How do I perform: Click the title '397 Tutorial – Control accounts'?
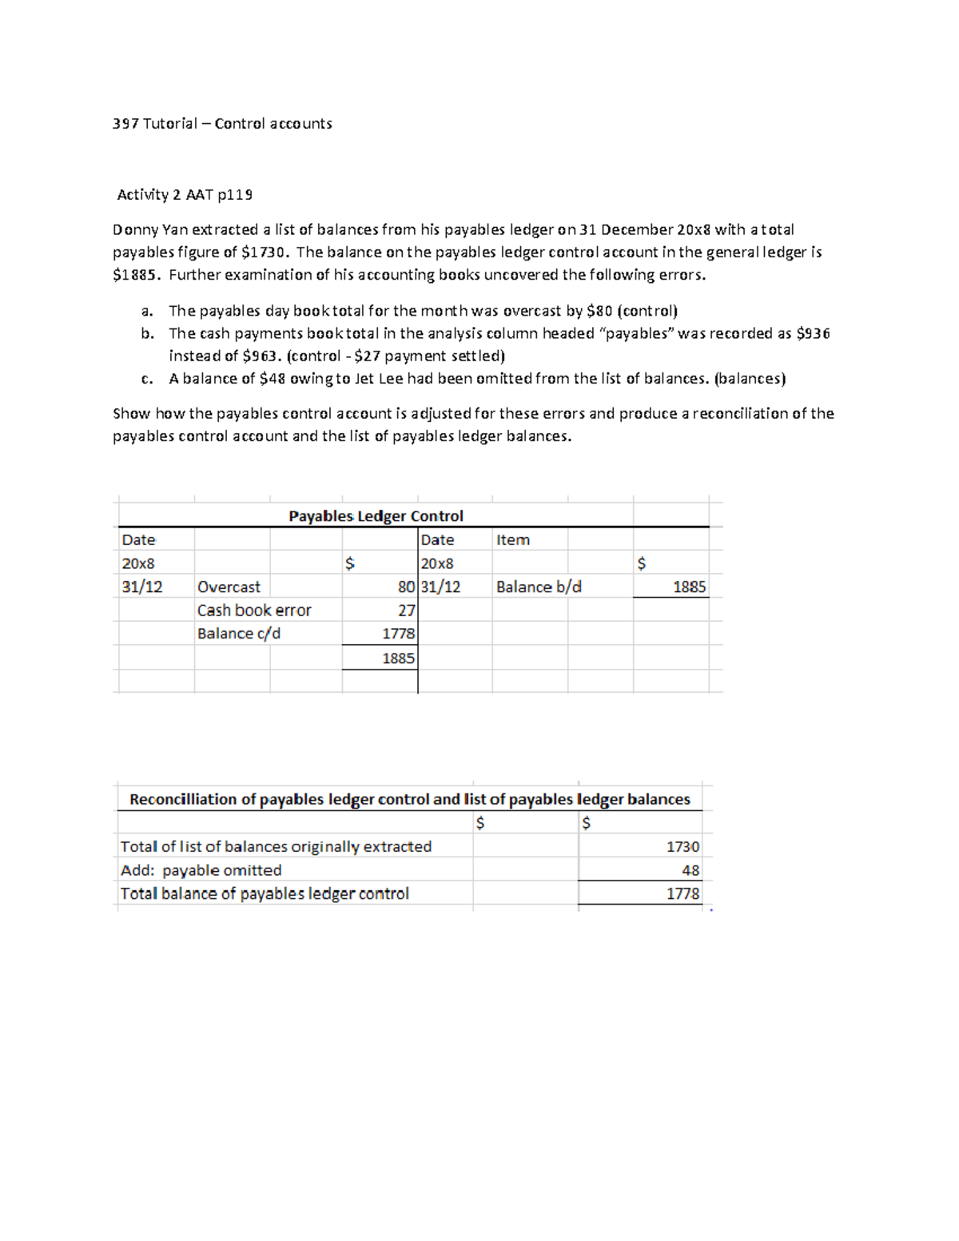point(222,124)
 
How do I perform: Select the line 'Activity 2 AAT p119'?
point(185,195)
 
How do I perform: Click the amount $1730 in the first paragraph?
point(263,253)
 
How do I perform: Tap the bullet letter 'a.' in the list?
point(147,311)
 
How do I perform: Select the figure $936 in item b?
point(813,333)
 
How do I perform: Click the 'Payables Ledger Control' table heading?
point(376,516)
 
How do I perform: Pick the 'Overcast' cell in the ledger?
point(229,587)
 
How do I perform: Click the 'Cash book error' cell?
point(254,611)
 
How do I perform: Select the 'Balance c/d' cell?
point(239,634)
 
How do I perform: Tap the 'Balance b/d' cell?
point(539,587)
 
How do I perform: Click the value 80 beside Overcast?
point(406,587)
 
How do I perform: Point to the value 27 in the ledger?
point(407,611)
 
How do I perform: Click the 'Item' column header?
point(512,540)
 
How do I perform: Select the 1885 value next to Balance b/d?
point(689,587)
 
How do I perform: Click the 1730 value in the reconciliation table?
point(682,847)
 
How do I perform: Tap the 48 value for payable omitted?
point(690,871)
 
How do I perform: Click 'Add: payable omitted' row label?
point(201,871)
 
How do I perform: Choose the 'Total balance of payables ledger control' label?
point(265,894)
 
